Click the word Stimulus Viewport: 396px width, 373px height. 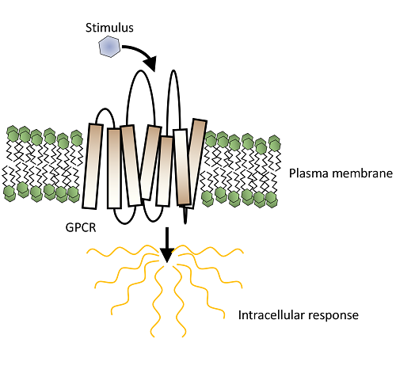click(109, 28)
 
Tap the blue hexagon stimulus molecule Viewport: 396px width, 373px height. click(109, 47)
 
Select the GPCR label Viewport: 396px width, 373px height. click(81, 227)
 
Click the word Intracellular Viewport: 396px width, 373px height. click(272, 315)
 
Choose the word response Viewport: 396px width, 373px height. click(333, 316)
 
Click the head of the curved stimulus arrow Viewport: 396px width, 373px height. click(150, 63)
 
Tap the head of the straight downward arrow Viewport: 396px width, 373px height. click(167, 255)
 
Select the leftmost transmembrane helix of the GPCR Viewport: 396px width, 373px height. click(93, 166)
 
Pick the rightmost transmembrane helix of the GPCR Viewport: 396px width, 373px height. click(196, 164)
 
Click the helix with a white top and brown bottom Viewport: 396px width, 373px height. click(182, 167)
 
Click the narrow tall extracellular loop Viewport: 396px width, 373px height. click(173, 70)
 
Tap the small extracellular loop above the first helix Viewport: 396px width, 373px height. click(105, 108)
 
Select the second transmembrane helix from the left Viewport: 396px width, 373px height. click(114, 168)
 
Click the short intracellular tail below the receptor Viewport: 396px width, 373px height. click(185, 215)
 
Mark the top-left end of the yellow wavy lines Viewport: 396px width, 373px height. click(87, 253)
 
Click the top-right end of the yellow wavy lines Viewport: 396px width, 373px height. click(242, 252)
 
